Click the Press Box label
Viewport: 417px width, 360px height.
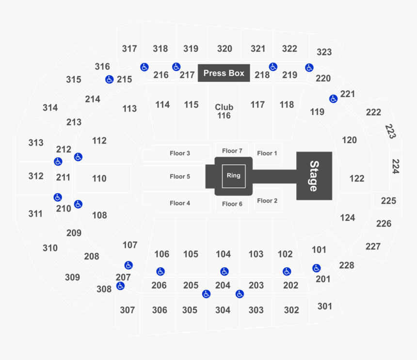pos(224,73)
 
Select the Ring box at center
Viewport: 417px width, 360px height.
pos(233,176)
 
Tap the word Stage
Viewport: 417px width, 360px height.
pos(314,176)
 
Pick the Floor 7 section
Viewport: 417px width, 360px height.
pos(232,151)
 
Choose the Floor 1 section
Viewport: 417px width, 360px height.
pos(267,153)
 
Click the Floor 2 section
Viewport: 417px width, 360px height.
pos(267,201)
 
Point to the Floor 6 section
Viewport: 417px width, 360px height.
pos(232,204)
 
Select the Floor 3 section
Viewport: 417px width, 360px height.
pos(180,153)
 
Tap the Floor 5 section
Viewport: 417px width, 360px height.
pos(180,177)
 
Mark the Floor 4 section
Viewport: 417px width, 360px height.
pos(180,203)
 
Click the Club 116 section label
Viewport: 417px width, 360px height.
pos(224,112)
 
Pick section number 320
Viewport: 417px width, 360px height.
pos(225,49)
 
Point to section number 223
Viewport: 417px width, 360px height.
pos(390,131)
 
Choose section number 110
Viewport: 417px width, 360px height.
pos(99,179)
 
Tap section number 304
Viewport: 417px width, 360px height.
pos(223,310)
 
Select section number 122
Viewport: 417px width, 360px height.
pos(356,179)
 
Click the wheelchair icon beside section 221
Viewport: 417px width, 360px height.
pos(333,99)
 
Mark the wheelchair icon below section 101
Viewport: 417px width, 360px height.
pos(317,268)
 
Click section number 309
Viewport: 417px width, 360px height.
pos(72,278)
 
